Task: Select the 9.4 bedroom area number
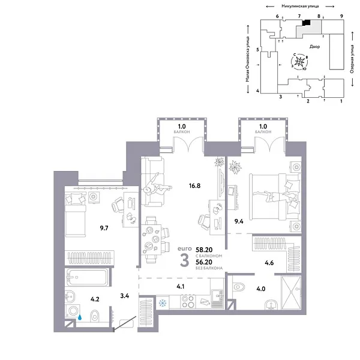tap(239, 221)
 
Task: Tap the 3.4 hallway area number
tap(125, 295)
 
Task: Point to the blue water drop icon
tap(79, 318)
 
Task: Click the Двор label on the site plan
tap(316, 46)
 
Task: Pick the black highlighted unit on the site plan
tap(306, 22)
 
